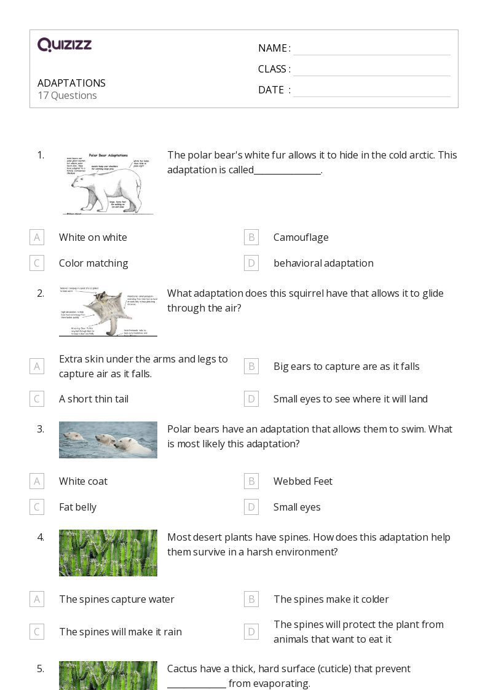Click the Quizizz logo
click(x=65, y=45)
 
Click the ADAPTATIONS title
click(x=71, y=83)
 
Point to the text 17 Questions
click(x=67, y=95)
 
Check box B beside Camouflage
click(x=251, y=237)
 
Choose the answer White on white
click(x=93, y=237)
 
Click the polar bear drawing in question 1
click(x=108, y=183)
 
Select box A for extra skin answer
click(x=37, y=366)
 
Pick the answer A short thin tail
click(x=93, y=399)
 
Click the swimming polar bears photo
click(x=108, y=440)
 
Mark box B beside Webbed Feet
click(x=251, y=481)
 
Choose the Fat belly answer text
click(x=77, y=507)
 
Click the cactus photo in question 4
click(x=108, y=553)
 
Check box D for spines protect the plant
click(x=251, y=632)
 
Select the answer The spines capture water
click(x=117, y=599)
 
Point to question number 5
click(x=41, y=668)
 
